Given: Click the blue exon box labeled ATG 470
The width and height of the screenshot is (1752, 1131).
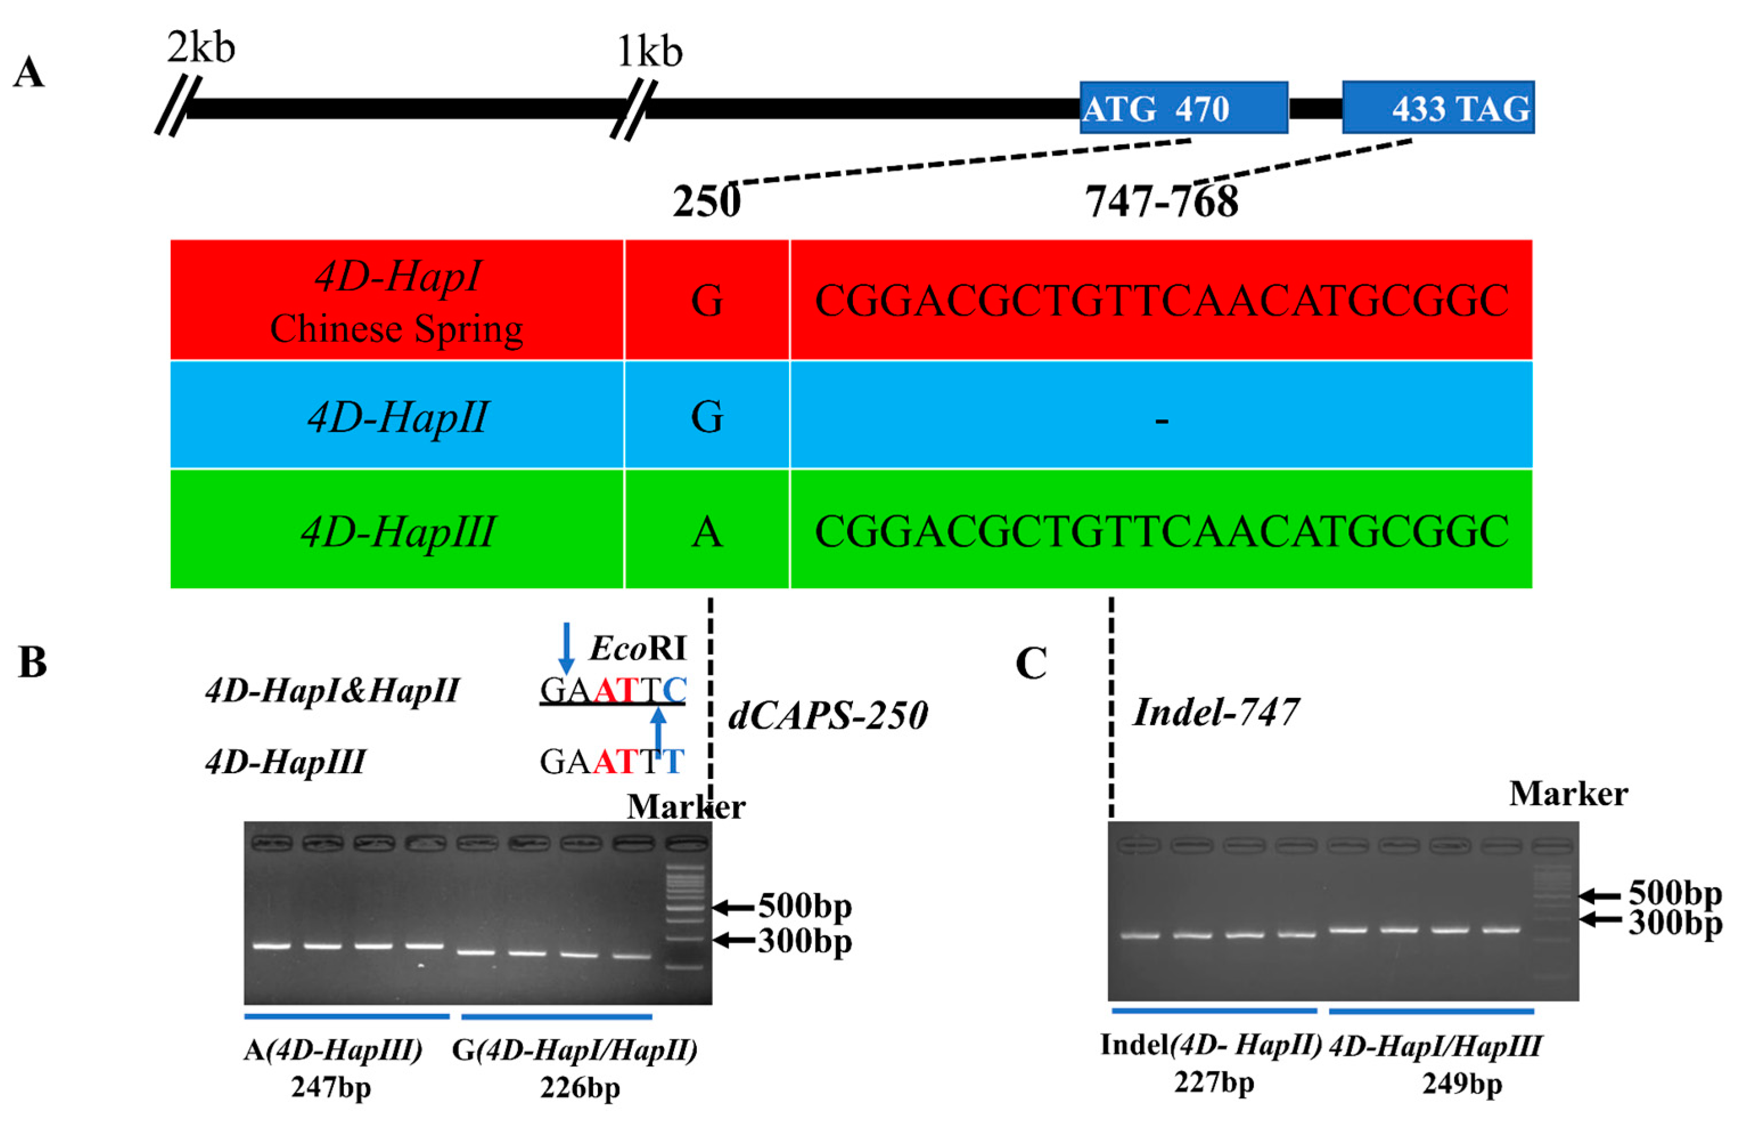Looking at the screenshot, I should tap(1183, 107).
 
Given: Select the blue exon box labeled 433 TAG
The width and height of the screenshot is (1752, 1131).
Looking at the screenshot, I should tap(1437, 107).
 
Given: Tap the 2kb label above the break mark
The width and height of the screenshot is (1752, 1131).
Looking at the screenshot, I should tap(200, 48).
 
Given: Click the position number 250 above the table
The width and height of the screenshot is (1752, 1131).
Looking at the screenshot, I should tap(706, 201).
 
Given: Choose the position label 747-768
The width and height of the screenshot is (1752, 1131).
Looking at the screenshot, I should tap(1161, 201).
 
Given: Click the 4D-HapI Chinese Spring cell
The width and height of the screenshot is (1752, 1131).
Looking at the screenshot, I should tap(396, 300).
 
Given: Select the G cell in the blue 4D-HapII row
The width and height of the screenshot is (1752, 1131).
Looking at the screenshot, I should tap(707, 417).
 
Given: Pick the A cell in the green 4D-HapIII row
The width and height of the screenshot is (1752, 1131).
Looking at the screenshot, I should tap(707, 531).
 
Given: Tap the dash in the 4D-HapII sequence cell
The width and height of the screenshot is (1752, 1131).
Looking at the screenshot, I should tap(1161, 420).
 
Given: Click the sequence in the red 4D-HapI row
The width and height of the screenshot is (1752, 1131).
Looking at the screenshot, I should tap(1161, 300).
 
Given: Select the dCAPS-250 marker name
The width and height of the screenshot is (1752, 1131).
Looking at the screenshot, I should tap(828, 715).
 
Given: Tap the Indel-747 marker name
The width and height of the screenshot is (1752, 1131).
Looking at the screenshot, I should tap(1216, 712).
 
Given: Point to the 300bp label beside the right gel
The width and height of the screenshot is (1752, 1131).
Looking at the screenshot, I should tap(1675, 923).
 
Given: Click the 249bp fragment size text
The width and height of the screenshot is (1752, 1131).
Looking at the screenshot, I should tap(1462, 1083).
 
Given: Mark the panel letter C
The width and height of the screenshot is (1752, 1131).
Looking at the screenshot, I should tap(1031, 663).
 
